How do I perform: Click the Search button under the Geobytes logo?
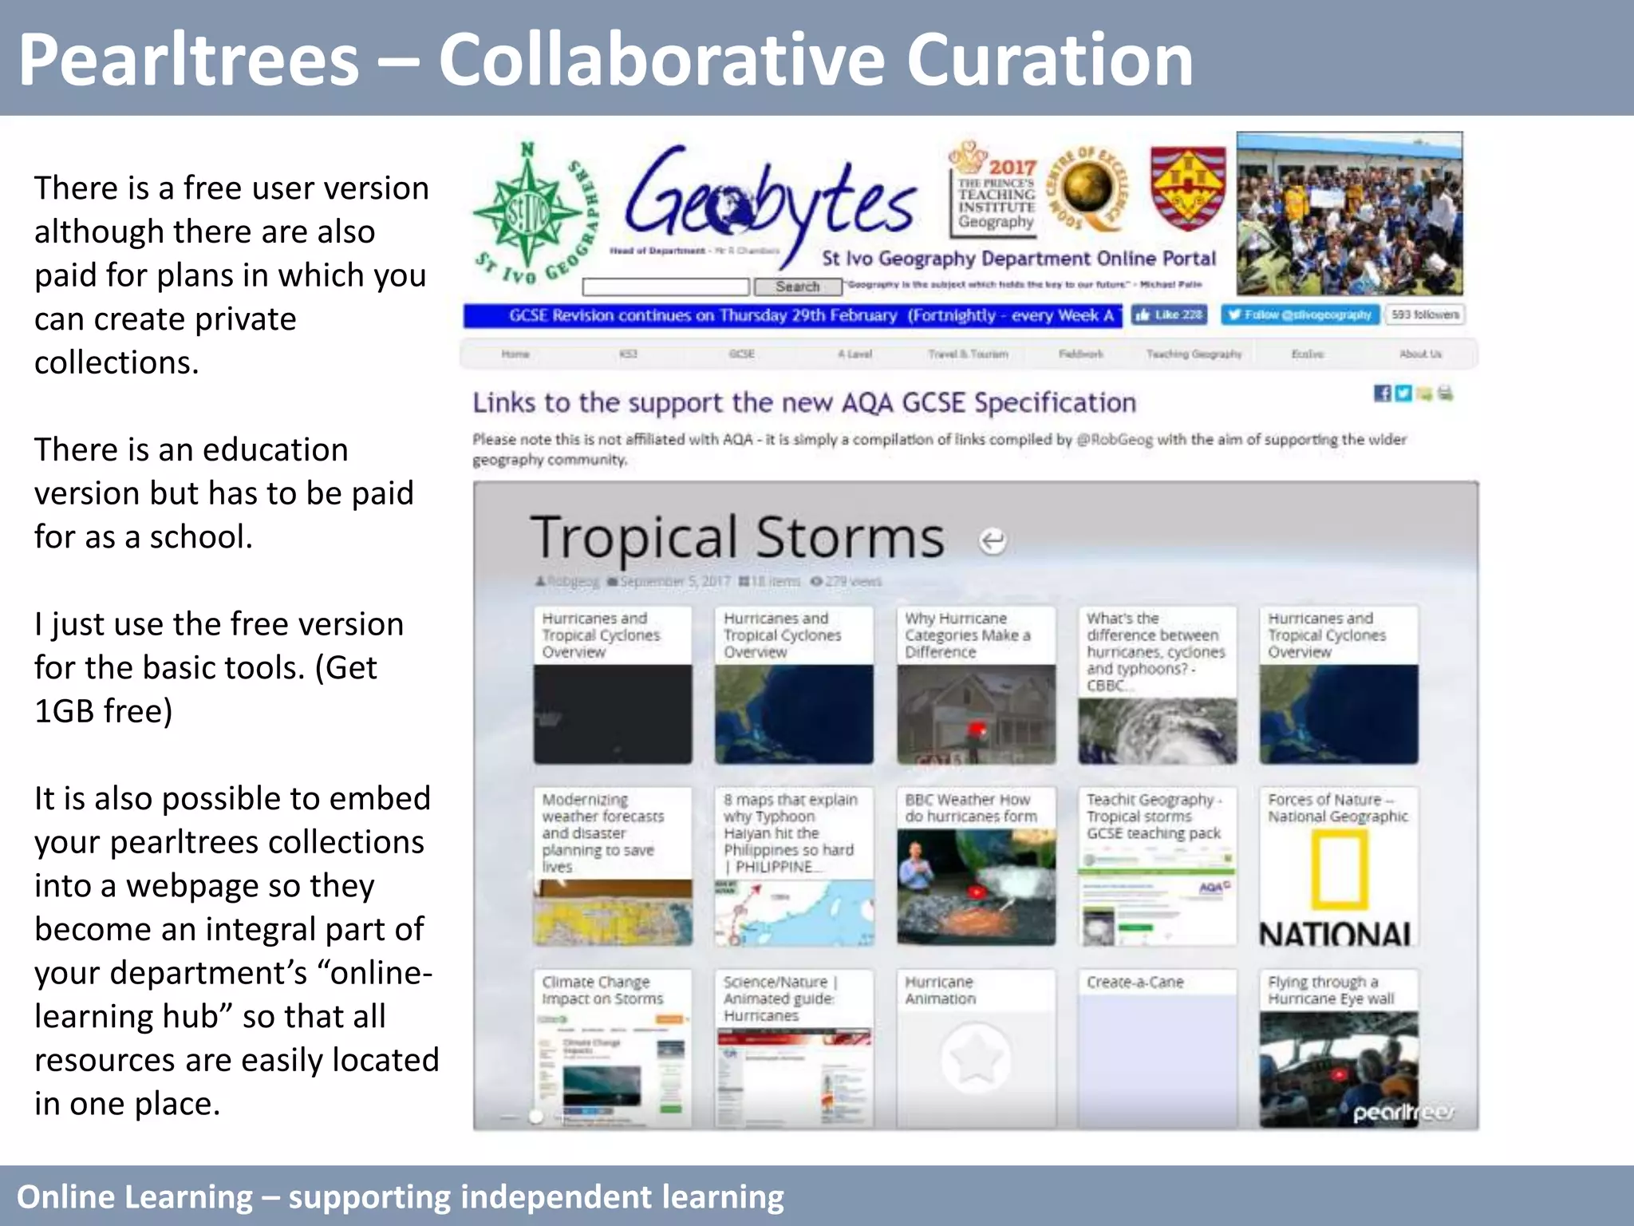797,287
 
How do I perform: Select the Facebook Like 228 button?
1168,315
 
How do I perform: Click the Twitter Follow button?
1300,315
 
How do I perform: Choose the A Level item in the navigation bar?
854,354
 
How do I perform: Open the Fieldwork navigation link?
1080,354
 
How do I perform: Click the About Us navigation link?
1420,354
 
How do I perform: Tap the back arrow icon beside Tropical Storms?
992,541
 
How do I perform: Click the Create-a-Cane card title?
1135,983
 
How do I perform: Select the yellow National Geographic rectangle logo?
1339,870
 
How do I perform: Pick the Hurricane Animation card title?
940,991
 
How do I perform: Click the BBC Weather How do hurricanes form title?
970,808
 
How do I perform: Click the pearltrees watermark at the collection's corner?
1403,1112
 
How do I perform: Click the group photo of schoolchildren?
1349,214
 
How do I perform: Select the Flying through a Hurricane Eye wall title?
1331,991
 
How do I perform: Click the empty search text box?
665,287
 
